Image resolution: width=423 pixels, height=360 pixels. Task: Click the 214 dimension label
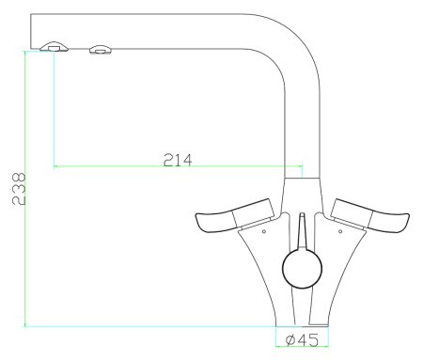tap(178, 160)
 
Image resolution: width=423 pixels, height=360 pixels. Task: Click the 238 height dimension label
tap(19, 189)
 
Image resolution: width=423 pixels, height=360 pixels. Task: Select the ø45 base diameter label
tap(302, 339)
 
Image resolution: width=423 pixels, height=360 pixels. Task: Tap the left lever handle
tap(234, 216)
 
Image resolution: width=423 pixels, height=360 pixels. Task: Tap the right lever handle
tap(369, 216)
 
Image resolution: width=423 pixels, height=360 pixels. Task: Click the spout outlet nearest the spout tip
tap(55, 46)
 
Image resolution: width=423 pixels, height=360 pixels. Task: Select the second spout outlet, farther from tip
tap(101, 49)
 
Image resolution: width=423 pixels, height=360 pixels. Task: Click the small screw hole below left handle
tap(264, 231)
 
